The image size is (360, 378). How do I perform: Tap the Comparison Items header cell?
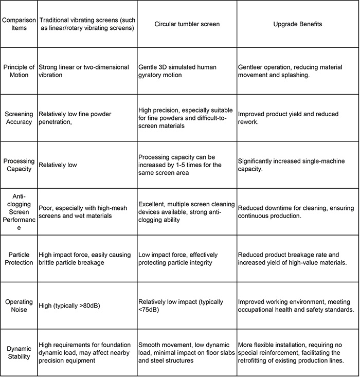pos(19,24)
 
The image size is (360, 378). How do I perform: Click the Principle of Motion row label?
pos(19,71)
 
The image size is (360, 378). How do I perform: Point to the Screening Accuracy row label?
pos(19,118)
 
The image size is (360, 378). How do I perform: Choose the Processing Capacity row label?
pos(19,165)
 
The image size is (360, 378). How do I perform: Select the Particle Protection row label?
pos(19,259)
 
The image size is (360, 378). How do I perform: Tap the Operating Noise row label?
pos(19,305)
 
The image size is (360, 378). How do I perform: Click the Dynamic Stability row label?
pos(19,352)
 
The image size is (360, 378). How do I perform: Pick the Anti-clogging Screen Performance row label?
pos(19,211)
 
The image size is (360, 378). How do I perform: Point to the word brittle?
pos(49,262)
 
